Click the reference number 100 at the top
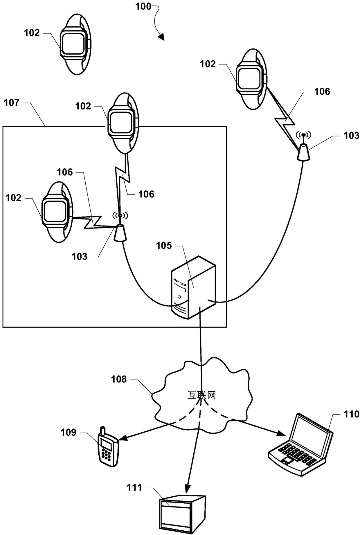(143, 6)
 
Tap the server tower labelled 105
(193, 287)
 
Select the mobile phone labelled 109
(108, 447)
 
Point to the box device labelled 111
(182, 514)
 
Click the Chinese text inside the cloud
(201, 395)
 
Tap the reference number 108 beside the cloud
(119, 379)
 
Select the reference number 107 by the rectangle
(12, 102)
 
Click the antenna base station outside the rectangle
(303, 147)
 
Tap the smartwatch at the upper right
(251, 79)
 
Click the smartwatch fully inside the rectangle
(57, 212)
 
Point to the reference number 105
(164, 246)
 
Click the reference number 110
(352, 414)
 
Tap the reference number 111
(134, 487)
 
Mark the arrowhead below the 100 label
(161, 37)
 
